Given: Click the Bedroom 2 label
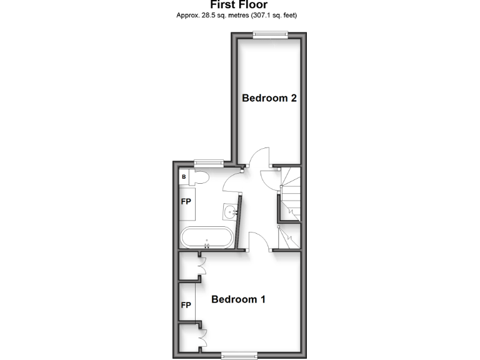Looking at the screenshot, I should click(269, 98).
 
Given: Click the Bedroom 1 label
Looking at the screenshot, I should click(238, 299).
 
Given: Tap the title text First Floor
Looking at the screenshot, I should click(239, 5).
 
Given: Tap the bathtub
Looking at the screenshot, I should click(207, 238).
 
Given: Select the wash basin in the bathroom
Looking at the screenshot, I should click(231, 212).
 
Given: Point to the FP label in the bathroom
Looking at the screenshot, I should click(186, 202).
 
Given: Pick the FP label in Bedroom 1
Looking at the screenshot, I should click(186, 305).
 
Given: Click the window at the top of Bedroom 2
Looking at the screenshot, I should click(271, 35).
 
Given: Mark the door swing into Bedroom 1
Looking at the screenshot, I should click(259, 241).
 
